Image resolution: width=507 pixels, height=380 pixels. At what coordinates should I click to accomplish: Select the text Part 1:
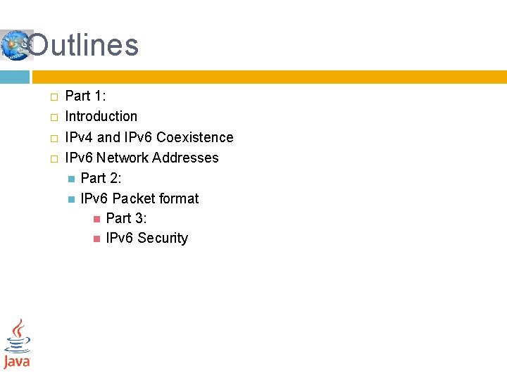pyautogui.click(x=85, y=96)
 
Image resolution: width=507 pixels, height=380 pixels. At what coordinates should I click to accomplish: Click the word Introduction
pyautogui.click(x=101, y=116)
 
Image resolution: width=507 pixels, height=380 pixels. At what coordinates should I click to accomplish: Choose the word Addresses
pyautogui.click(x=185, y=158)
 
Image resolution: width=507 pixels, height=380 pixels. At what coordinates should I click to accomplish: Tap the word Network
pyautogui.click(x=123, y=158)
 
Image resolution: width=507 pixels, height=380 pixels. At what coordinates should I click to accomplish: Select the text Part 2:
pyautogui.click(x=101, y=178)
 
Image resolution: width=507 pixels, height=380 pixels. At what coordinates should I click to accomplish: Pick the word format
pyautogui.click(x=181, y=198)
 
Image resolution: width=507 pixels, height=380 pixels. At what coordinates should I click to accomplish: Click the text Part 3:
pyautogui.click(x=126, y=218)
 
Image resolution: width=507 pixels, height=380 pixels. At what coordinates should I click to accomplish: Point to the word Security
pyautogui.click(x=163, y=238)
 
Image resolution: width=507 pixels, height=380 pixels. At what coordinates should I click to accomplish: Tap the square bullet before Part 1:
pyautogui.click(x=54, y=96)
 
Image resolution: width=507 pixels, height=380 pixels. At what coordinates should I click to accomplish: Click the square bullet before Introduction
pyautogui.click(x=54, y=117)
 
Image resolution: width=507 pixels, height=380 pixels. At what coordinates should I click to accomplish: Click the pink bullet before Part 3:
pyautogui.click(x=96, y=219)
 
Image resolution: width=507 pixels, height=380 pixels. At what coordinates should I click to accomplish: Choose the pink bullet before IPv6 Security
pyautogui.click(x=96, y=239)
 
